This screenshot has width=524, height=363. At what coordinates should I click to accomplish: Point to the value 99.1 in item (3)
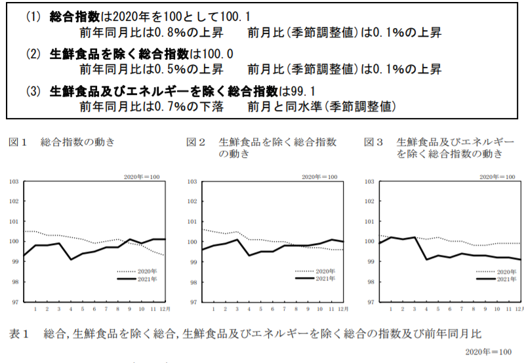tap(302, 90)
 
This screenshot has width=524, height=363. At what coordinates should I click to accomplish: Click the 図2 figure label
tap(195, 141)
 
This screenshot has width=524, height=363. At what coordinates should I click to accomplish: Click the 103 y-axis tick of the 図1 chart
tap(13, 181)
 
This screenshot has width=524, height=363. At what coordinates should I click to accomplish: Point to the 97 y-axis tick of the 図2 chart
tap(191, 302)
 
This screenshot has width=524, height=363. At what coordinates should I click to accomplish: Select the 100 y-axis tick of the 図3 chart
tap(369, 242)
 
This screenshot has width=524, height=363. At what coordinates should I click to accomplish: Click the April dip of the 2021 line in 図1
tap(71, 259)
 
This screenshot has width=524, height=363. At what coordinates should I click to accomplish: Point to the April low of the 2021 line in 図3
tap(427, 259)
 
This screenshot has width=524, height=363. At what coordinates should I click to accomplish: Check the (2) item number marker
tap(33, 53)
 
